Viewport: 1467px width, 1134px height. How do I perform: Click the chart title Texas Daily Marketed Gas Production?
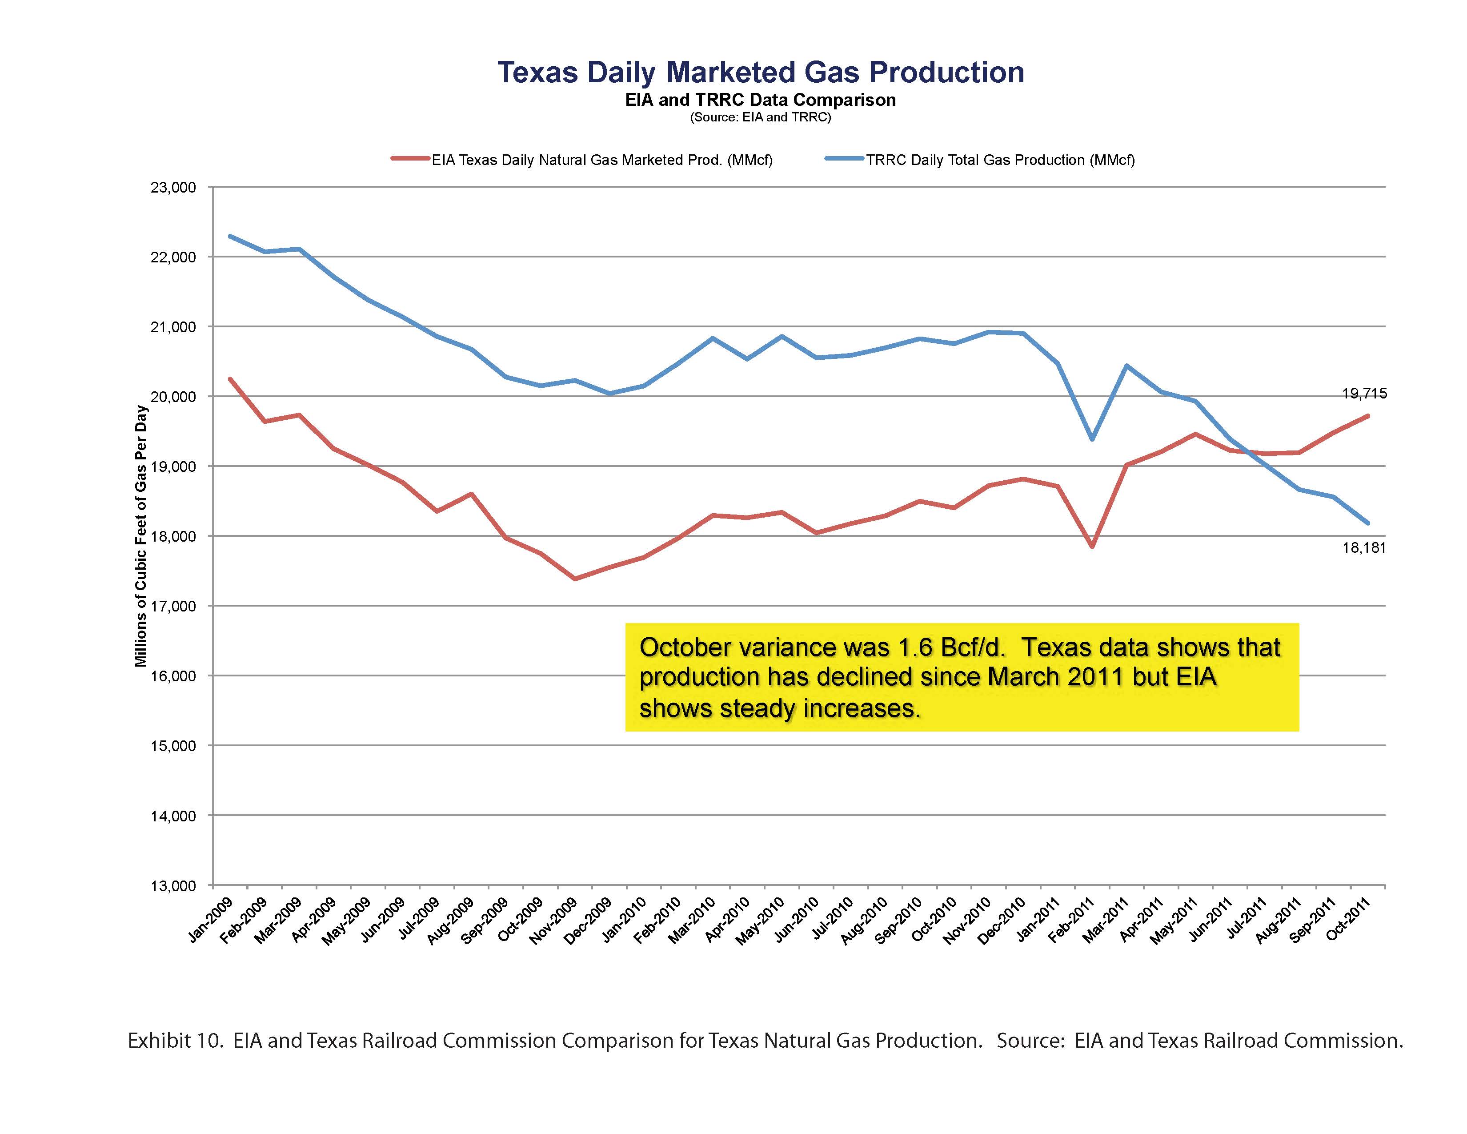click(760, 72)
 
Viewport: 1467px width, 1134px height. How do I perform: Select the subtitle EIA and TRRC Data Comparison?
click(760, 100)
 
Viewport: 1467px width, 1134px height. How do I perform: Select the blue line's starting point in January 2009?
click(230, 236)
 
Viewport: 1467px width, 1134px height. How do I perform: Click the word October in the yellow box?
click(685, 647)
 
